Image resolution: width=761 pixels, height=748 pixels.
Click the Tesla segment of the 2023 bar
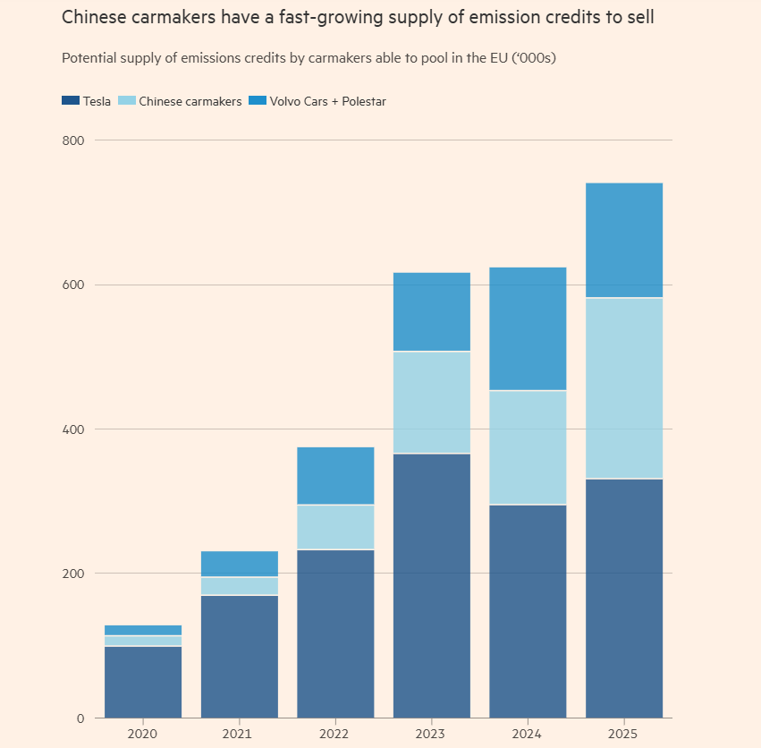click(432, 585)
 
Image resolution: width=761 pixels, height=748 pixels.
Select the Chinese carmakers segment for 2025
click(624, 388)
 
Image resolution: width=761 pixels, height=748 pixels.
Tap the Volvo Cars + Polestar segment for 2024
click(528, 328)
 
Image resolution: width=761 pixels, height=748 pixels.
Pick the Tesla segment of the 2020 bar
click(143, 682)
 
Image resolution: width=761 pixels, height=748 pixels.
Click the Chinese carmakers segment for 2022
click(335, 527)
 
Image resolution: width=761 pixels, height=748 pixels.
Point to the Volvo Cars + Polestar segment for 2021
click(240, 564)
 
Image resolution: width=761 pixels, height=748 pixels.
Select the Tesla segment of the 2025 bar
click(624, 598)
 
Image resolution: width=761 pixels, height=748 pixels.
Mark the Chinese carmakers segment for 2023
click(432, 403)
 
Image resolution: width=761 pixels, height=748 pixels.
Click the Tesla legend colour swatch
click(71, 101)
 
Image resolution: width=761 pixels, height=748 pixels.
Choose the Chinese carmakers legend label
click(190, 101)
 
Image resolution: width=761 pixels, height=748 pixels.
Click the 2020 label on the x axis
click(143, 734)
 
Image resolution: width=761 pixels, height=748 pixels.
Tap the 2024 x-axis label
click(528, 734)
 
